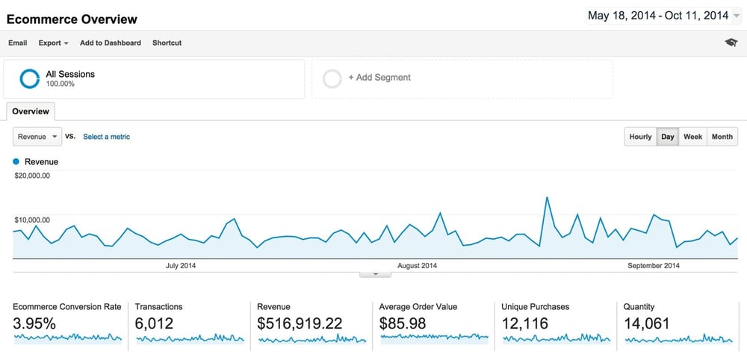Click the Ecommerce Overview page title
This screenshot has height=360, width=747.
pyautogui.click(x=72, y=19)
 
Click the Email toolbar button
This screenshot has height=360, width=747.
pyautogui.click(x=17, y=43)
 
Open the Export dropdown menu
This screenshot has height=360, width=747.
pyautogui.click(x=53, y=43)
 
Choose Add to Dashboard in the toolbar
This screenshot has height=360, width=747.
pyautogui.click(x=111, y=43)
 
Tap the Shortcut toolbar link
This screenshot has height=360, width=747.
pyautogui.click(x=167, y=43)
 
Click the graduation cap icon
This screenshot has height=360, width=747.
pyautogui.click(x=731, y=43)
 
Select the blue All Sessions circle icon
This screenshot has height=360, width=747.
pyautogui.click(x=30, y=78)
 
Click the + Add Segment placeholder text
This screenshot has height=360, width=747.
pyautogui.click(x=379, y=78)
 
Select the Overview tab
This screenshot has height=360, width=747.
pyautogui.click(x=31, y=111)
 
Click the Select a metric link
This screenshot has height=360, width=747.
pyautogui.click(x=106, y=137)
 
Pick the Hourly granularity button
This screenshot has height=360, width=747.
pyautogui.click(x=640, y=137)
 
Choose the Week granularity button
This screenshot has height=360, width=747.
pyautogui.click(x=692, y=137)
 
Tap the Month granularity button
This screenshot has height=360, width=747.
pyautogui.click(x=722, y=137)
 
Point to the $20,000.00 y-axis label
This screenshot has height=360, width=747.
pyautogui.click(x=32, y=176)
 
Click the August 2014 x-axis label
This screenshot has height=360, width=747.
pyautogui.click(x=418, y=265)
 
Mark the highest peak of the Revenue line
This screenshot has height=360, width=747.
pyautogui.click(x=548, y=197)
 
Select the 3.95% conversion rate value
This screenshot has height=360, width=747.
pyautogui.click(x=34, y=323)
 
